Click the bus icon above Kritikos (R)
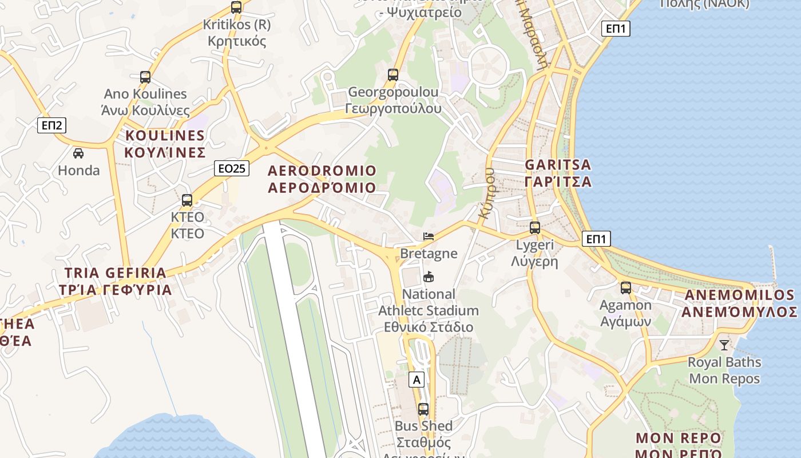tap(236, 7)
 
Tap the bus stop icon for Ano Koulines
tap(145, 77)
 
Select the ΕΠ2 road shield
tap(51, 125)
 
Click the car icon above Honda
tap(78, 153)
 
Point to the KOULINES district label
tap(165, 144)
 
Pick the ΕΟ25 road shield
tap(232, 168)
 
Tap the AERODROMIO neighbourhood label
tap(322, 179)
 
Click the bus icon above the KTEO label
tap(187, 200)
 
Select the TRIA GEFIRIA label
tap(116, 281)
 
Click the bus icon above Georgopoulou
tap(393, 75)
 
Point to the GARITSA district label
tap(558, 173)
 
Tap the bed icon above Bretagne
tap(429, 236)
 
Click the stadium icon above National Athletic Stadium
tap(428, 277)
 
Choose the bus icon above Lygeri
tap(535, 228)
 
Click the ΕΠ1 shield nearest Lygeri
tap(596, 239)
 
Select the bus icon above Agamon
tap(626, 288)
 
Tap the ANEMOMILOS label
tap(739, 303)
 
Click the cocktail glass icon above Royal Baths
tap(724, 345)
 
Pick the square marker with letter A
tap(417, 379)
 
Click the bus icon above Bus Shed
tap(423, 409)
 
